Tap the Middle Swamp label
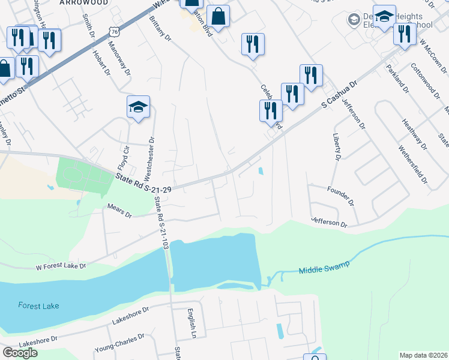click(324, 268)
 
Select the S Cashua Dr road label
click(339, 95)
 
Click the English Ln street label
click(191, 322)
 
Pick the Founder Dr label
click(340, 196)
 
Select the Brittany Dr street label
click(160, 28)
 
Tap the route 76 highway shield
click(114, 31)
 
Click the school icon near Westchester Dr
click(138, 107)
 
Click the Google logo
click(20, 353)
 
